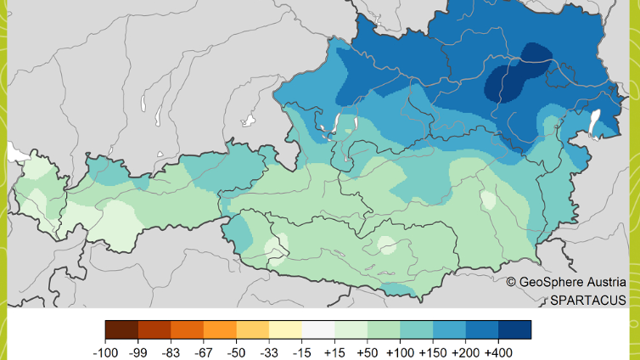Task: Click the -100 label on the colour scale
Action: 105,351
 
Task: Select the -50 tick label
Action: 237,351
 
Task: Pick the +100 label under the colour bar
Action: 401,351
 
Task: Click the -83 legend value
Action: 171,351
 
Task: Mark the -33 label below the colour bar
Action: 269,351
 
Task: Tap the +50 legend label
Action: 368,351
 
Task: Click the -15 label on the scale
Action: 302,351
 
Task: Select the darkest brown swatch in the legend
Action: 121,329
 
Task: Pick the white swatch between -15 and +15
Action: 318,329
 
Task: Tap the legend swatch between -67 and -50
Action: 220,329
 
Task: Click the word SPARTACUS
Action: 587,300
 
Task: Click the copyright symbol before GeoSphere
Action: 511,282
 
